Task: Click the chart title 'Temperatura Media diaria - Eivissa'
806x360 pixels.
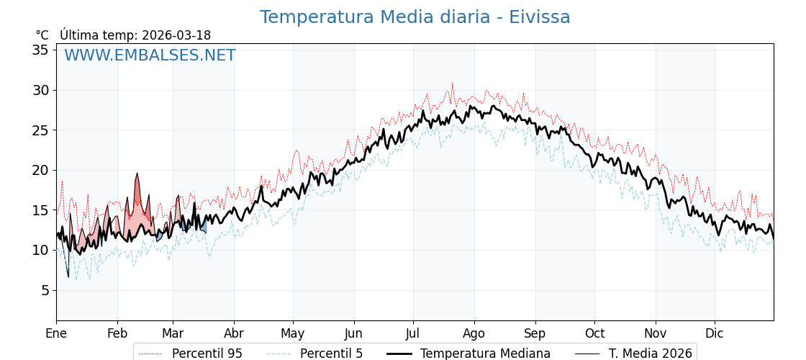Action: pos(415,17)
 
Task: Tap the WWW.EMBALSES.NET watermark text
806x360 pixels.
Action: pos(150,55)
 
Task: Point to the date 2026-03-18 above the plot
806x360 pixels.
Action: pos(176,35)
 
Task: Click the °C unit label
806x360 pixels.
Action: pos(42,35)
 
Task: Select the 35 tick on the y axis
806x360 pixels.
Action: pos(40,50)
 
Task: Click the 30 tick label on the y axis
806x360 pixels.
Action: pos(40,90)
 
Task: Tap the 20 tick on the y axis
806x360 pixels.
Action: pos(40,170)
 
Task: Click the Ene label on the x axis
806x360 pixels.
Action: pos(56,333)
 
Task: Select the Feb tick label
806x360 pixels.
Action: pos(117,333)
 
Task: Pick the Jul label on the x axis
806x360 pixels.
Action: pos(413,333)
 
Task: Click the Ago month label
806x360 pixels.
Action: pos(474,333)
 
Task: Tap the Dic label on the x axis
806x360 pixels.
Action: pos(715,333)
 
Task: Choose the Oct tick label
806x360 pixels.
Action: pos(594,333)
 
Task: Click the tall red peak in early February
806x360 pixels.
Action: pos(137,175)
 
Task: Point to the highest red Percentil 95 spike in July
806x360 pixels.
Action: pos(453,84)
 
